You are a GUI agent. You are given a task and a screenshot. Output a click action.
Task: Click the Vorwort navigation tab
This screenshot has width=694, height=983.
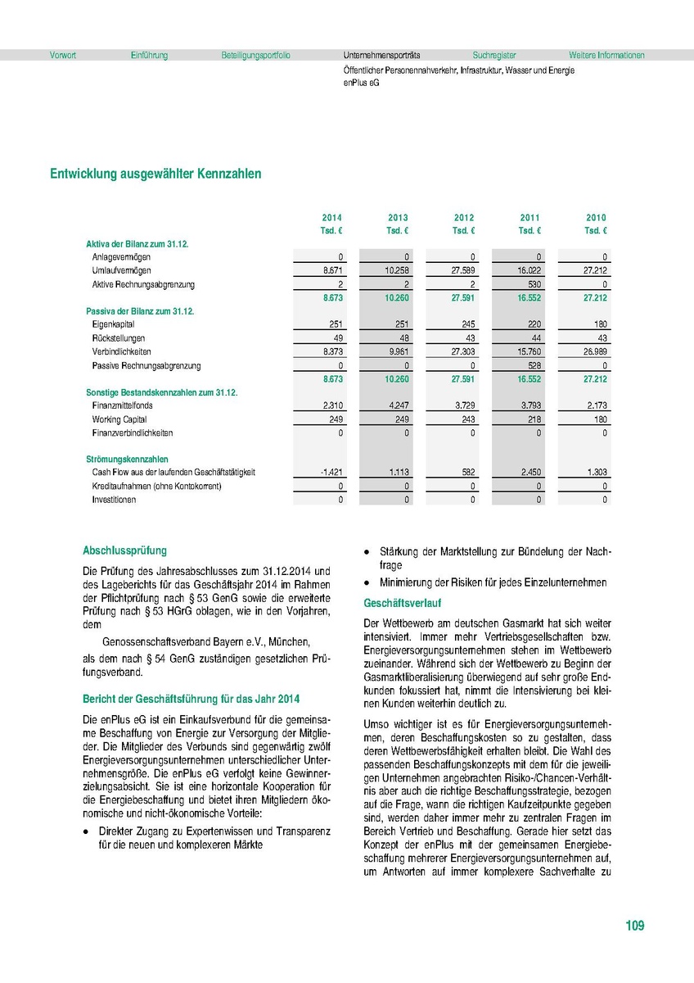[x=63, y=56]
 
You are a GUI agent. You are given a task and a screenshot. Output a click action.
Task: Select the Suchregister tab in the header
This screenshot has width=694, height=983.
[x=494, y=56]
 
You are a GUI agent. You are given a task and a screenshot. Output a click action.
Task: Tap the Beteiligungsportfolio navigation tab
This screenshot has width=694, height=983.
[x=255, y=56]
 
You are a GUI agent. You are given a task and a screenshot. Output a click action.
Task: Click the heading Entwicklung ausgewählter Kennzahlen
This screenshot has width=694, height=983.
[x=155, y=174]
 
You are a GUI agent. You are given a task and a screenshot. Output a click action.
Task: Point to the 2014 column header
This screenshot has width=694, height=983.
[x=331, y=218]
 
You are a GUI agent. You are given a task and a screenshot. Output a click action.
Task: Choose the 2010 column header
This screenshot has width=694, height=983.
[x=596, y=218]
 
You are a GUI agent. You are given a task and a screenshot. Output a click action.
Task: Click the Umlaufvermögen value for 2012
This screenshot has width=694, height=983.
[x=463, y=270]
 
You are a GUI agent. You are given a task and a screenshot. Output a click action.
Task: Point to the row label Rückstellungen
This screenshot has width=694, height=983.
[x=119, y=337]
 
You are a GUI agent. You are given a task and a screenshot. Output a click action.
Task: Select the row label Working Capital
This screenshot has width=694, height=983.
[x=119, y=419]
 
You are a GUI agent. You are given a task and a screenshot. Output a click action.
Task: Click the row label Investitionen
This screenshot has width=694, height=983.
[x=115, y=500]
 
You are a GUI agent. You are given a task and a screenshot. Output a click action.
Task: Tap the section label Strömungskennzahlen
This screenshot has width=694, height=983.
[x=127, y=460]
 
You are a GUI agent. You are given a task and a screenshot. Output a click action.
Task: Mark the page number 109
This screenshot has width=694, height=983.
[x=634, y=926]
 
